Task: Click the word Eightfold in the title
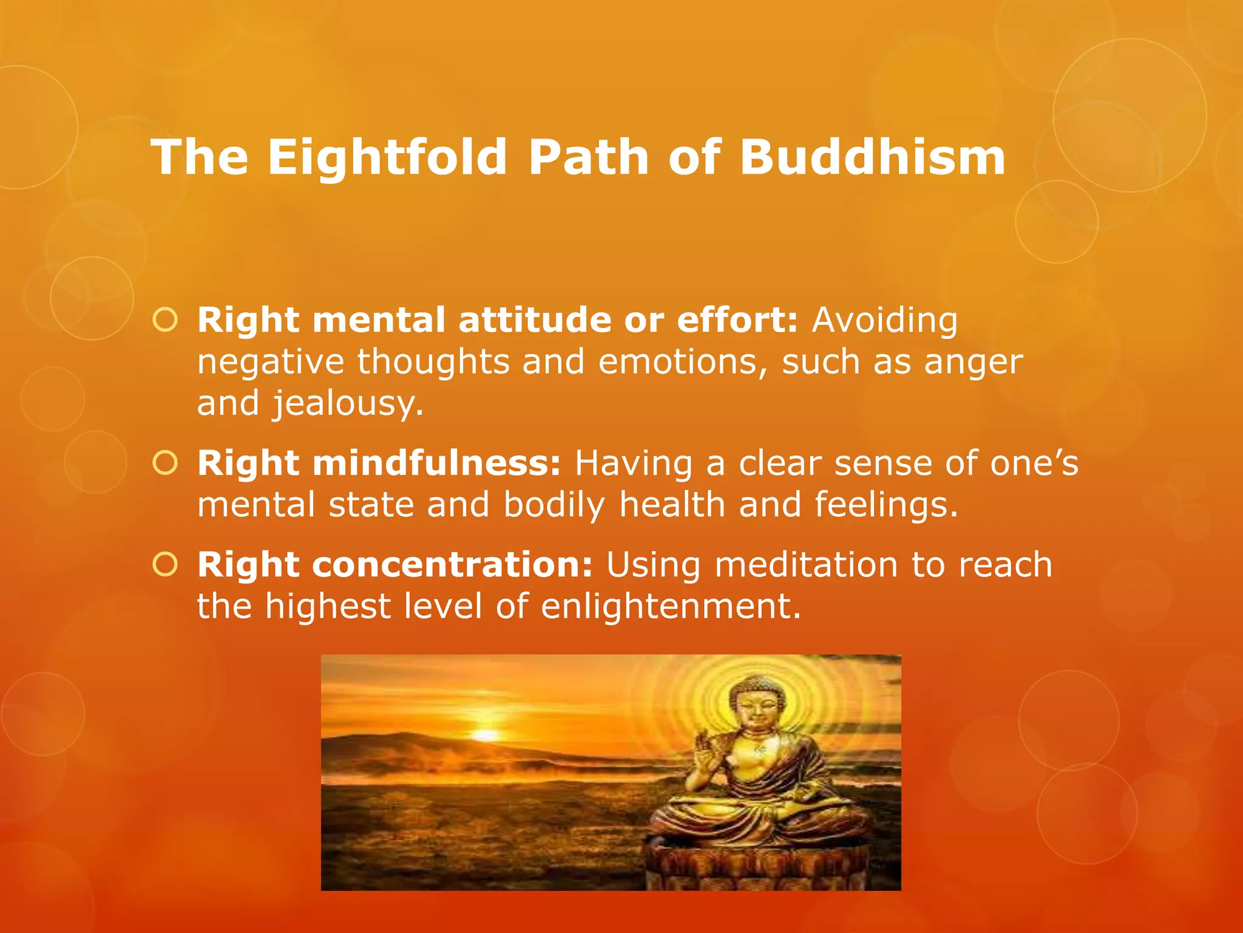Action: click(387, 157)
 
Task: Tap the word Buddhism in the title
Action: click(872, 157)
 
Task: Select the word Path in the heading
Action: click(589, 157)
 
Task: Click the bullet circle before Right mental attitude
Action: click(165, 320)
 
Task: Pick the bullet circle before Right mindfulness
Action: click(165, 463)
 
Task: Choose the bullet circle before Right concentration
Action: click(165, 565)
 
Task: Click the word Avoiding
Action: click(884, 320)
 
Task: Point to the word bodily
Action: click(554, 505)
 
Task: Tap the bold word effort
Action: click(736, 320)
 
